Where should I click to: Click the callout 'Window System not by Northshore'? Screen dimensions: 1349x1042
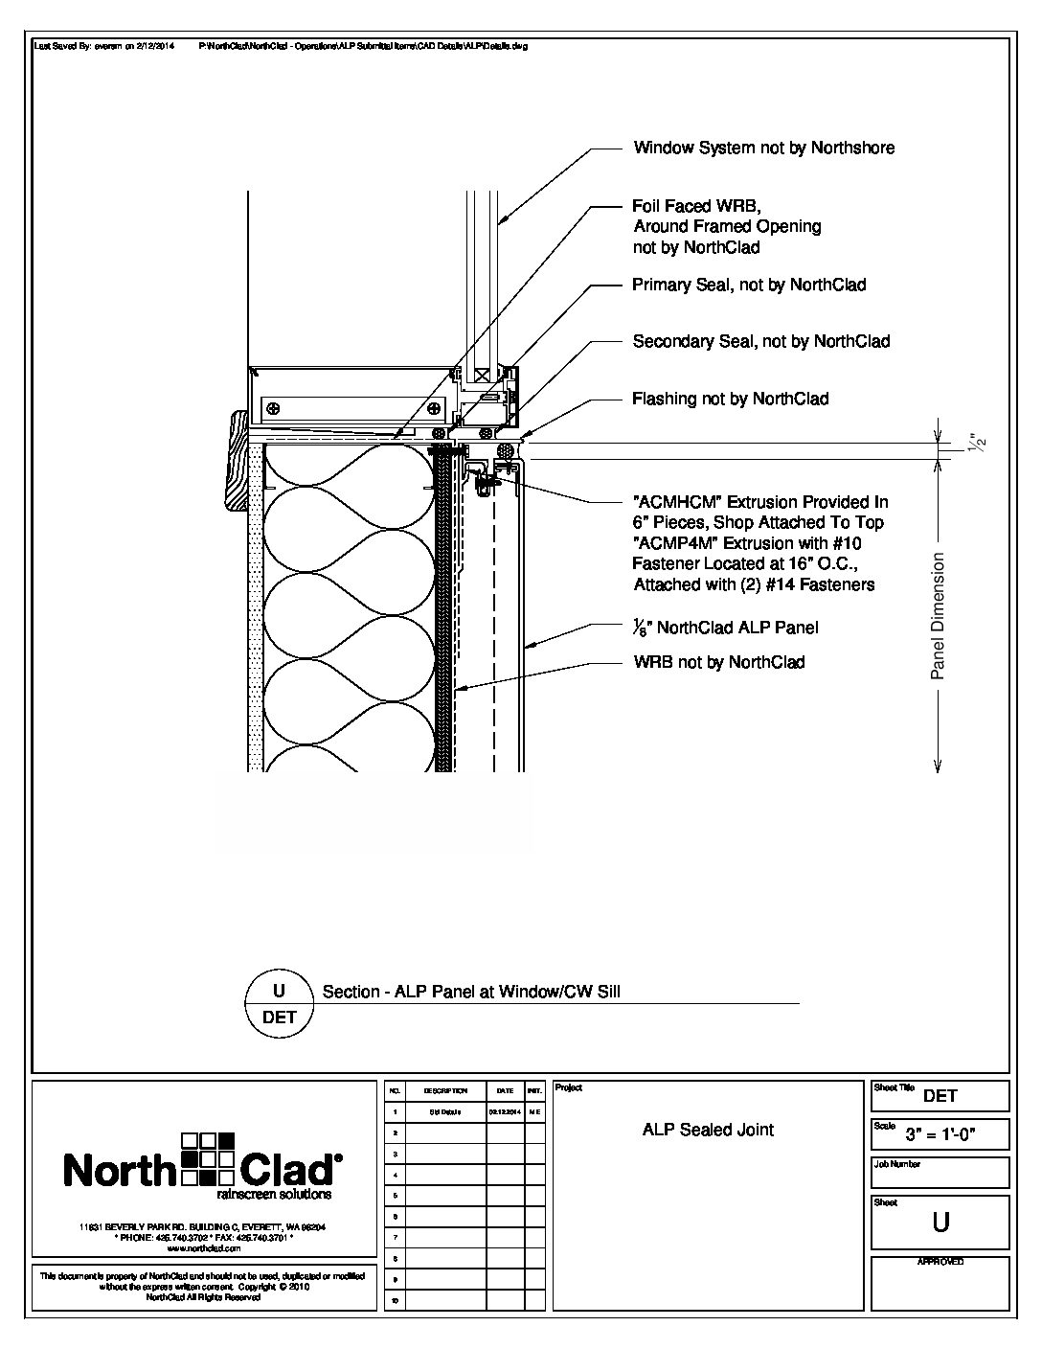[763, 148]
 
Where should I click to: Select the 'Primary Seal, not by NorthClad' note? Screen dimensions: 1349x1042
[748, 285]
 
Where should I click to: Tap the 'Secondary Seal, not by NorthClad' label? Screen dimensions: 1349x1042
[760, 341]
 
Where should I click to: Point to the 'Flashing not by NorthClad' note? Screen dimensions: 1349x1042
[730, 399]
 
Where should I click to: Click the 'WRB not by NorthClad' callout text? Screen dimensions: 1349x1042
[718, 662]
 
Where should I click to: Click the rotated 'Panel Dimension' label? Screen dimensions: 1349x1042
[938, 616]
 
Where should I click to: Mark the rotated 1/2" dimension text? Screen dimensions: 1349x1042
[977, 444]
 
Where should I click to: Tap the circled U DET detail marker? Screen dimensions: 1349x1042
[279, 1003]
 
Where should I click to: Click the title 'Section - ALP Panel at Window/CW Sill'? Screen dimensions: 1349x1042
[470, 993]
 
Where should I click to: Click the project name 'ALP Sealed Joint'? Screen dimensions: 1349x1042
[708, 1130]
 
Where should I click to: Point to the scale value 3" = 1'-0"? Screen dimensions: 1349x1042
[954, 1136]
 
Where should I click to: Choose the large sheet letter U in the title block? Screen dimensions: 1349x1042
[940, 1223]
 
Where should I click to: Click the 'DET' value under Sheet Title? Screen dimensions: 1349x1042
[940, 1096]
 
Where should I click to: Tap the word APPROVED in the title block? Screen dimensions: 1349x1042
[940, 1262]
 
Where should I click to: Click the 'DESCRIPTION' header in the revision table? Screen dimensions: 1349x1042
[445, 1091]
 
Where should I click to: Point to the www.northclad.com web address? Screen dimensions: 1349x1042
[202, 1249]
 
